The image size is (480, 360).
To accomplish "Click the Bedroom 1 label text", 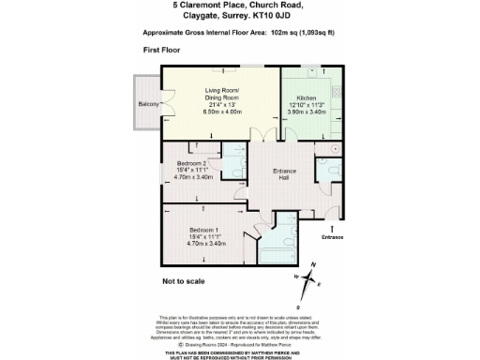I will (204, 230).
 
